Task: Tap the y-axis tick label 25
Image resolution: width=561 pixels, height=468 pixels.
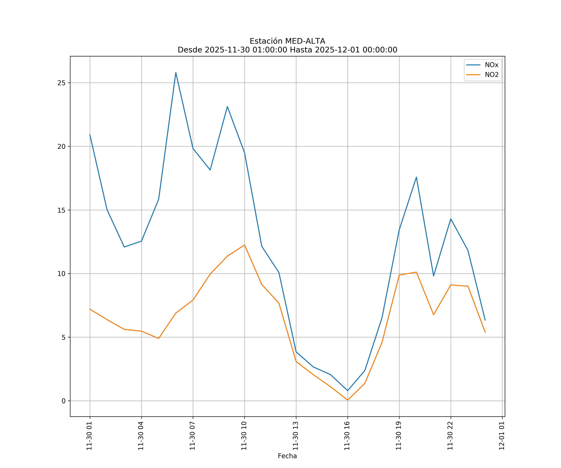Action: click(61, 83)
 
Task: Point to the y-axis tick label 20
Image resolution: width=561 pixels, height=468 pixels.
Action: click(61, 146)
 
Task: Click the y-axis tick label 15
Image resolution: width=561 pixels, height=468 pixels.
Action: click(61, 210)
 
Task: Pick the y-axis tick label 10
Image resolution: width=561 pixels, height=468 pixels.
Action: click(61, 274)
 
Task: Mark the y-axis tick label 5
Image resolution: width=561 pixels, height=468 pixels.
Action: click(63, 337)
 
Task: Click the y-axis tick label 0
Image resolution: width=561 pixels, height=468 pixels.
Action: click(63, 401)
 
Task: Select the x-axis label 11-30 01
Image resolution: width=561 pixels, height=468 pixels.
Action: click(89, 436)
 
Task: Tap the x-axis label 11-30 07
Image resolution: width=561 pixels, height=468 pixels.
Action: click(193, 436)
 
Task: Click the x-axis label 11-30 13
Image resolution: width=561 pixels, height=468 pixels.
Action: click(296, 436)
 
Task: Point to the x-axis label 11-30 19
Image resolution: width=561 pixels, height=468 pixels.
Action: click(399, 436)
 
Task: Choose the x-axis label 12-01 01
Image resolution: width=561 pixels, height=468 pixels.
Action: click(502, 436)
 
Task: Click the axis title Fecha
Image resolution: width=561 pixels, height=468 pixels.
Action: click(287, 456)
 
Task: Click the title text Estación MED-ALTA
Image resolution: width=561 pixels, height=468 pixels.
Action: click(287, 41)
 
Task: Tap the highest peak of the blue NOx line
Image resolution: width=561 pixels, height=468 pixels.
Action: click(176, 73)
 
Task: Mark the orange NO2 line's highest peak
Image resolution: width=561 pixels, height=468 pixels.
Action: click(245, 245)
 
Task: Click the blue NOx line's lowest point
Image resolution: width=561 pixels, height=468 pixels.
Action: click(348, 391)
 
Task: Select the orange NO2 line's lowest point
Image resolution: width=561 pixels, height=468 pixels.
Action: click(348, 400)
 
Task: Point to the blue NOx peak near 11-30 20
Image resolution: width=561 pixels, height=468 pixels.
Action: click(416, 177)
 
